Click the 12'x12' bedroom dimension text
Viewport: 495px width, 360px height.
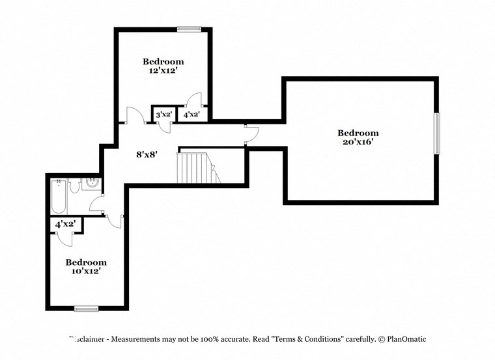pyautogui.click(x=163, y=72)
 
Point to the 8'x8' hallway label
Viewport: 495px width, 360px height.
pyautogui.click(x=147, y=154)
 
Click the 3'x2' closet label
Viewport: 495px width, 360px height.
pyautogui.click(x=163, y=115)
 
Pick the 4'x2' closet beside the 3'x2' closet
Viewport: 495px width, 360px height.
pyautogui.click(x=191, y=115)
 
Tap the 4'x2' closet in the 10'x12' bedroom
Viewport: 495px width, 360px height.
pyautogui.click(x=65, y=224)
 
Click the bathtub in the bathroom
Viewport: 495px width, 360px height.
pyautogui.click(x=58, y=197)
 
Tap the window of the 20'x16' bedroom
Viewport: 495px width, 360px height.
pyautogui.click(x=437, y=133)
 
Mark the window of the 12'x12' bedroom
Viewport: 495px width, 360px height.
pyautogui.click(x=189, y=29)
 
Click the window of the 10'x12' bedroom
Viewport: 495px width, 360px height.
pyautogui.click(x=86, y=308)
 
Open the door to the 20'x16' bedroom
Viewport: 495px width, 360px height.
pyautogui.click(x=251, y=134)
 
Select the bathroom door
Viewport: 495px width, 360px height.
pyautogui.click(x=98, y=205)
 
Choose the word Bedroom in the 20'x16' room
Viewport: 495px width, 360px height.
pyautogui.click(x=358, y=133)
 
